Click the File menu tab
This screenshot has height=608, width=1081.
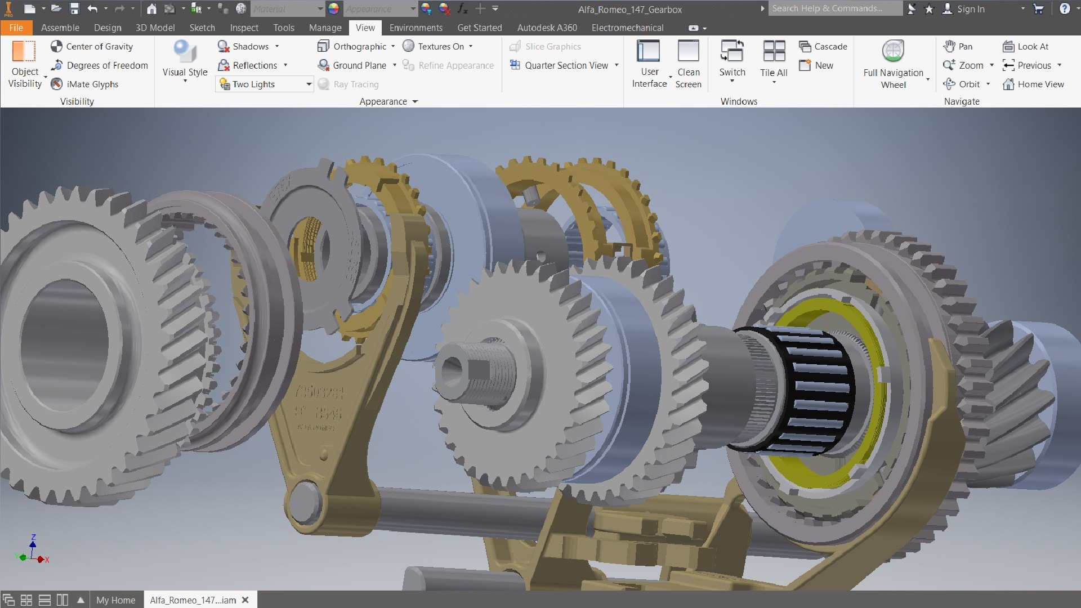coord(16,28)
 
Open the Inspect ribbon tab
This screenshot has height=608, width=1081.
coord(244,28)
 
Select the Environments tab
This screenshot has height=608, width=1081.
coord(416,28)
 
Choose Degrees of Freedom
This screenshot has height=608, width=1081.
coord(99,65)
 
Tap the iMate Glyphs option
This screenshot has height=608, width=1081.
coord(85,84)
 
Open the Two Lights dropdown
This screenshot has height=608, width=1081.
coord(309,84)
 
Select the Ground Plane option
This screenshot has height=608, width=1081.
coord(352,65)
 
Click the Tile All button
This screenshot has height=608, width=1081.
coord(774,59)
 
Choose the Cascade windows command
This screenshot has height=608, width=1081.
coord(823,47)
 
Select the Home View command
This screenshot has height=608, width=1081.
coord(1033,84)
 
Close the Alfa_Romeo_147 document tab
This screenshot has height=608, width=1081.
coord(245,600)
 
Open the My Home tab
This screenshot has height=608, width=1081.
coord(115,600)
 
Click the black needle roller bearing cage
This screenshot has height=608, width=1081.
coord(811,388)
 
